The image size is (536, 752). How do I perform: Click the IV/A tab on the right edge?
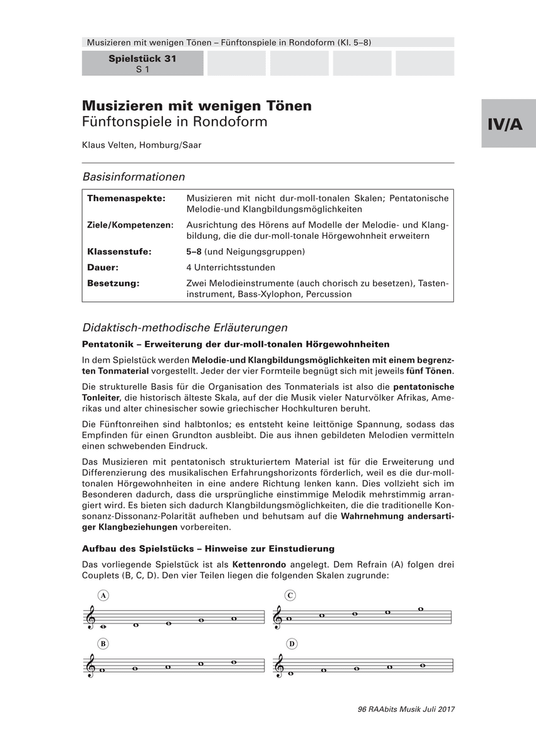pyautogui.click(x=508, y=123)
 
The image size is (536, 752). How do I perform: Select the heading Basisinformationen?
pyautogui.click(x=134, y=177)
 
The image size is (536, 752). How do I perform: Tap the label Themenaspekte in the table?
pyautogui.click(x=126, y=198)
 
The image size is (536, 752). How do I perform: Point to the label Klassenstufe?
pyautogui.click(x=119, y=252)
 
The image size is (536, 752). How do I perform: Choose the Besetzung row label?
pyautogui.click(x=113, y=283)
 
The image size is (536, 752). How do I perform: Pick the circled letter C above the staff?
pyautogui.click(x=290, y=595)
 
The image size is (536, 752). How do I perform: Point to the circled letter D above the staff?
pyautogui.click(x=292, y=644)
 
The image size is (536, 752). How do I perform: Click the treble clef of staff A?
pyautogui.click(x=92, y=618)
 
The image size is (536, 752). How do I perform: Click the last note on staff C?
pyautogui.click(x=421, y=609)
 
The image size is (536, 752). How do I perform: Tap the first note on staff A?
pyautogui.click(x=103, y=626)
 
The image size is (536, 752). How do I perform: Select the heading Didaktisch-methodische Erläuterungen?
pyautogui.click(x=185, y=327)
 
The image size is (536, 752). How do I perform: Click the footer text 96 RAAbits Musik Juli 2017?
pyautogui.click(x=405, y=709)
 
